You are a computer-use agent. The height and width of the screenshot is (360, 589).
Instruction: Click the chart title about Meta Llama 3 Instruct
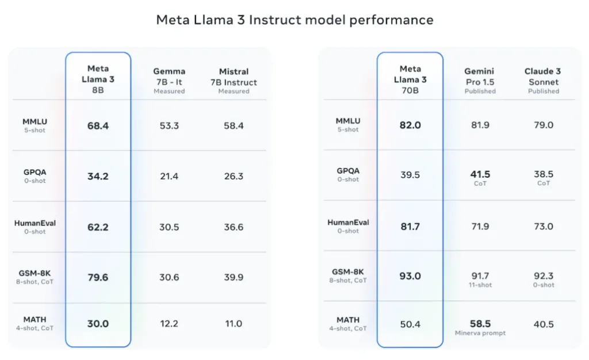click(x=294, y=20)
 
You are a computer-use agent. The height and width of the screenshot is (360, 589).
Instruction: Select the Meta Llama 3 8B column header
click(x=98, y=79)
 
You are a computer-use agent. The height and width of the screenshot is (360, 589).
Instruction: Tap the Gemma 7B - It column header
click(x=169, y=81)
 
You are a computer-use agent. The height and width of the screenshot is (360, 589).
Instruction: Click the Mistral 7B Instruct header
click(x=234, y=81)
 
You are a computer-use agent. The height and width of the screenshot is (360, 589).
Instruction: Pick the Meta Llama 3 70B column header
click(x=410, y=79)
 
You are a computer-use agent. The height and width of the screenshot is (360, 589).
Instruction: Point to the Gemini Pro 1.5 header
click(x=480, y=81)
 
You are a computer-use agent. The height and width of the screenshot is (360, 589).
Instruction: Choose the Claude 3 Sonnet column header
click(x=543, y=81)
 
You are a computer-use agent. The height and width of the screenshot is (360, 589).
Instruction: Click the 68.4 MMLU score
click(x=98, y=125)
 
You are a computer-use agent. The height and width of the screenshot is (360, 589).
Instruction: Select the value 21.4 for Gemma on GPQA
click(x=169, y=176)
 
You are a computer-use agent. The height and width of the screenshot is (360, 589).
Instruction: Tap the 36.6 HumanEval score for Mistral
click(x=234, y=227)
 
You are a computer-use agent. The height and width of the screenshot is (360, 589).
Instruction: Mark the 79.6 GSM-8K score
click(x=98, y=277)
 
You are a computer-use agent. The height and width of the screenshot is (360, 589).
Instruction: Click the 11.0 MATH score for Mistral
click(x=234, y=324)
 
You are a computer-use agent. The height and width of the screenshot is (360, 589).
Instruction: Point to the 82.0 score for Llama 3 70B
click(x=410, y=125)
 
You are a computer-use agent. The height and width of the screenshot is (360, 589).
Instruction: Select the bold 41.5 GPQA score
click(x=480, y=174)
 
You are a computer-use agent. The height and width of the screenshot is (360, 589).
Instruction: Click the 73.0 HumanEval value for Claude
click(x=543, y=227)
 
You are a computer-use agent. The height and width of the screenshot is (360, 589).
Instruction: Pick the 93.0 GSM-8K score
click(x=410, y=276)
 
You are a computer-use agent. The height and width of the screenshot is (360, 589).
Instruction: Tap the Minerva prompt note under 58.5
click(x=480, y=334)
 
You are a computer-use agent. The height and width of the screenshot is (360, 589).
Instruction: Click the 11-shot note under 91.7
click(x=480, y=285)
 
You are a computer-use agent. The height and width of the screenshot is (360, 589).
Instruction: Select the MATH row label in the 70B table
click(x=349, y=320)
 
